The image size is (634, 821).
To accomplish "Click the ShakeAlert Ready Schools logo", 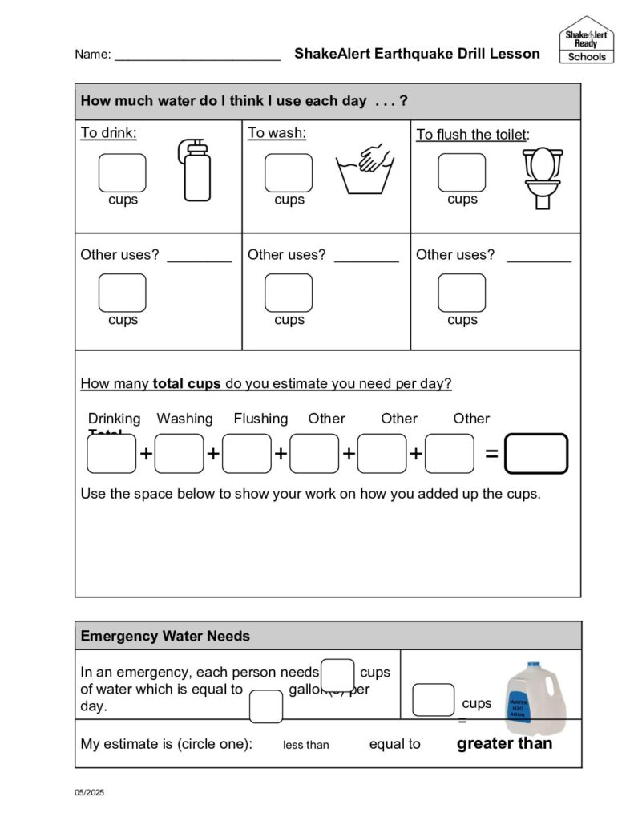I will pos(586,40).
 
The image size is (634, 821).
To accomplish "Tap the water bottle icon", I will pos(196,169).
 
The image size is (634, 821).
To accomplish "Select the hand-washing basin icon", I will pos(365,169).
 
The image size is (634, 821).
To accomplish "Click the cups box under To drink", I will pos(122,173).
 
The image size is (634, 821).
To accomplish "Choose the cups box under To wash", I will pos(289,173).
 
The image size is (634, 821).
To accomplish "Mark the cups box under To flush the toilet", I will pos(462,172).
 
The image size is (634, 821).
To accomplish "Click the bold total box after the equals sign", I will pos(536,454).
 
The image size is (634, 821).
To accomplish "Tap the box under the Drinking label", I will pos(111,454).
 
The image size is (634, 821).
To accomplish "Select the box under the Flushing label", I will pos(247,454).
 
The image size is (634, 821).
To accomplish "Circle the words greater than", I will pos(504,743).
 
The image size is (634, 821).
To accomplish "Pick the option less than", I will pos(305,745).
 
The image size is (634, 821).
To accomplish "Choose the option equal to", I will pos(394,744).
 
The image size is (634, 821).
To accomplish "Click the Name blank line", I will pos(197,56).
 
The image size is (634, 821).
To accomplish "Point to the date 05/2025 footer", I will pos(90,793).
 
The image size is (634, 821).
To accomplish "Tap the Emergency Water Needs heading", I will pos(165,636).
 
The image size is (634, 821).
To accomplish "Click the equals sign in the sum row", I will pos(491,454).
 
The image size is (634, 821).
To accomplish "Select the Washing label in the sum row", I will pos(184,419).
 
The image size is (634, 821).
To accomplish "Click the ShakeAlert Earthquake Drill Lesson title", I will pos(417,54).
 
